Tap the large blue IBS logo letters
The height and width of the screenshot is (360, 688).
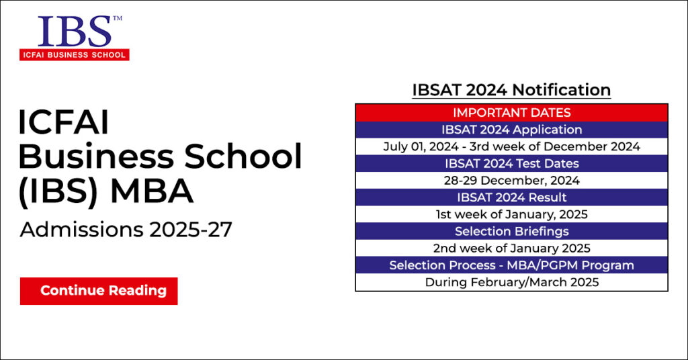[x=75, y=31]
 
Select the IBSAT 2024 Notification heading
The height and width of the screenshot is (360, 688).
[x=511, y=90]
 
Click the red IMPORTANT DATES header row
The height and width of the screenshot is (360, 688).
[x=511, y=112]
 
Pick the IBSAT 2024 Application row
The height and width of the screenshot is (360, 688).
[x=511, y=130]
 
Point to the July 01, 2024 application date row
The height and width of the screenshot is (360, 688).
[x=511, y=146]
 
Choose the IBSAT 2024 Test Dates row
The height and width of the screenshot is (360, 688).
[x=511, y=163]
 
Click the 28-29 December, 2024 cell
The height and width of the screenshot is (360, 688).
[x=511, y=180]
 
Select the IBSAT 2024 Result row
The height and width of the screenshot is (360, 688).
[x=511, y=197]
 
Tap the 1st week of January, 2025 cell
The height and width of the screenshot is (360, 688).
[x=511, y=214]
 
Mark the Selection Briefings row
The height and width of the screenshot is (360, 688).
[x=511, y=232]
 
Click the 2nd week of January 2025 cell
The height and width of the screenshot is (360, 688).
[x=511, y=249]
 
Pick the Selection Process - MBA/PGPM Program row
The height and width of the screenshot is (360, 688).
[x=511, y=265]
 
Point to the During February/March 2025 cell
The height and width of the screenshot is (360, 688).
[x=511, y=282]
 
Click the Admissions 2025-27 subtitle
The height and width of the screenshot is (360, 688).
[x=126, y=230]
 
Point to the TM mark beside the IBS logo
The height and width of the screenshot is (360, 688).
[x=118, y=19]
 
